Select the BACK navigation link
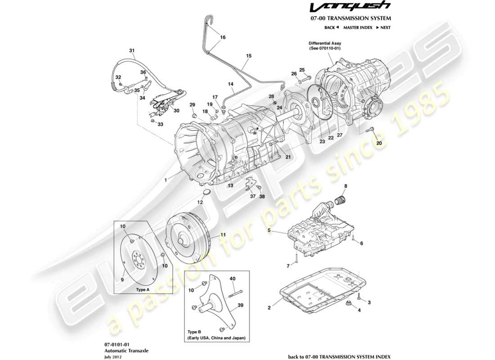point(331,27)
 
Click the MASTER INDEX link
point(357,27)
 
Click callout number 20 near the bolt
point(379,143)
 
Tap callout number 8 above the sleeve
point(346,185)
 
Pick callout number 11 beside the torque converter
point(222,235)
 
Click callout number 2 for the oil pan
point(269,308)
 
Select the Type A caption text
point(143,290)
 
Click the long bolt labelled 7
point(297,259)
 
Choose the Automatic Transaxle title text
point(123,350)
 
